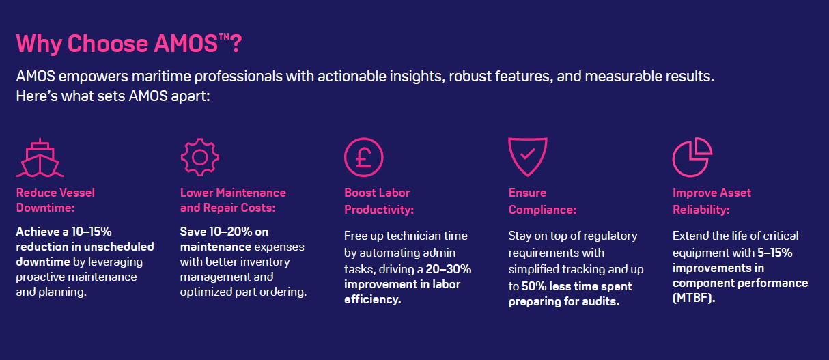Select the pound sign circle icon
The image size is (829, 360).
(364, 157)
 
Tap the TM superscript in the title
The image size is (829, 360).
(224, 37)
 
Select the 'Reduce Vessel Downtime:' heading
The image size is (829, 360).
(55, 200)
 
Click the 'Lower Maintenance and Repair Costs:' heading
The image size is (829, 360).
(233, 200)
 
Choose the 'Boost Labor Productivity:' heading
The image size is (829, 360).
(379, 201)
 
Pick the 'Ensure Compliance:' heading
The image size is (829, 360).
(543, 201)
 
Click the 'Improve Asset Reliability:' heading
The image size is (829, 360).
(712, 201)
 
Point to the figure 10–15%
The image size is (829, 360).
(92, 232)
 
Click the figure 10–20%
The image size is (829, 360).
(231, 232)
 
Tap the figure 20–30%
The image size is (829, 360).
(449, 269)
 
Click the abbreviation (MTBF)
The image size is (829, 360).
(694, 298)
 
